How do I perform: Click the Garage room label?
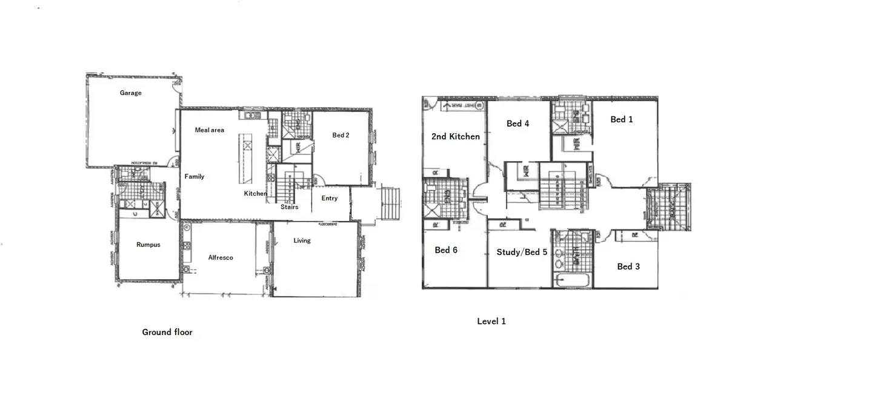click(130, 93)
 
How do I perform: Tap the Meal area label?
click(209, 130)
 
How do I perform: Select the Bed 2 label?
click(341, 136)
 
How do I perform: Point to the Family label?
click(195, 177)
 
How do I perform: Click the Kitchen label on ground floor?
click(255, 194)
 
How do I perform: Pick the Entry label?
click(330, 199)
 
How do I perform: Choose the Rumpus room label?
click(148, 245)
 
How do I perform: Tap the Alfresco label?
click(221, 258)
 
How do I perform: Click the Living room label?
click(302, 241)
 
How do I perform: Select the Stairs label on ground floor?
click(289, 207)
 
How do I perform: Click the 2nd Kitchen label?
click(455, 137)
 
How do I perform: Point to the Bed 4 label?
click(518, 124)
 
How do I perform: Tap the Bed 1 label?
click(621, 120)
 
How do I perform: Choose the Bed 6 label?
click(446, 250)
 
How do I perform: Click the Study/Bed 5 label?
click(522, 253)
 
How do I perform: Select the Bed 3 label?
click(628, 266)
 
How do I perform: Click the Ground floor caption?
click(167, 332)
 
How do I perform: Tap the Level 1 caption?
click(491, 322)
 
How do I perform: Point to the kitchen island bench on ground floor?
click(246, 159)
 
